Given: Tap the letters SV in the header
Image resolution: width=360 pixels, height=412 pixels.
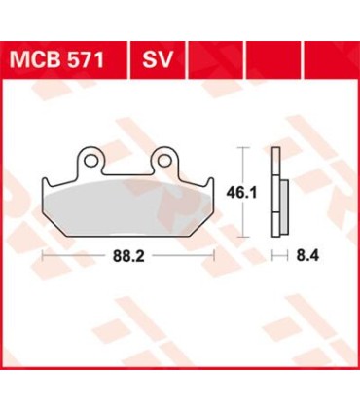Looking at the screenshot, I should [160, 61].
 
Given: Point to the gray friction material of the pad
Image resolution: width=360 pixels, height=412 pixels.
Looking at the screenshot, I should [126, 204].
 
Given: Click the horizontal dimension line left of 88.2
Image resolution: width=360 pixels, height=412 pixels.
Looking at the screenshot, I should [78, 258].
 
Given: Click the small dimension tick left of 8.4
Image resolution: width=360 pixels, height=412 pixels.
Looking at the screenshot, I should [274, 258].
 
